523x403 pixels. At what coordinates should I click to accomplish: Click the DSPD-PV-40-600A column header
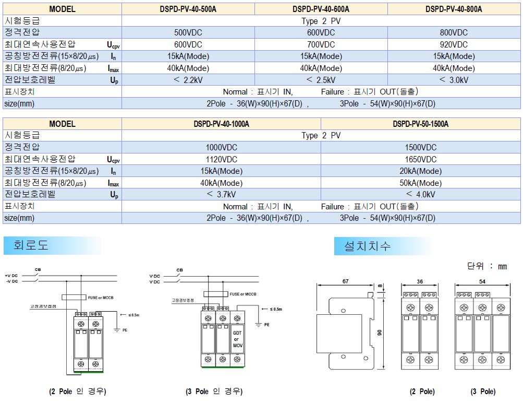click(321, 9)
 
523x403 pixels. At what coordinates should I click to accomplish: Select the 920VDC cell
click(454, 44)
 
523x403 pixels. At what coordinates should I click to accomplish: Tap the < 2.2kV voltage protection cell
click(188, 80)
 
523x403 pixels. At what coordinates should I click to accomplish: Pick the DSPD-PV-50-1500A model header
click(421, 124)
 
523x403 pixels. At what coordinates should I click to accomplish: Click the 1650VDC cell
click(421, 159)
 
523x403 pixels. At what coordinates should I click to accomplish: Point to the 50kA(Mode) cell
click(421, 183)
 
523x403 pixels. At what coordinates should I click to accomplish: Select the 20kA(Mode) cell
click(421, 171)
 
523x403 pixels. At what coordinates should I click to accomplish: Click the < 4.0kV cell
click(421, 194)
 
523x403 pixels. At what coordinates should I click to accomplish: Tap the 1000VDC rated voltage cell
click(222, 147)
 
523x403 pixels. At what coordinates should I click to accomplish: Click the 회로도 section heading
click(31, 245)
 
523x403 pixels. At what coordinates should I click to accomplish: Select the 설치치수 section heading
click(367, 246)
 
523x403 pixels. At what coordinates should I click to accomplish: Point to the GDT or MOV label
click(237, 339)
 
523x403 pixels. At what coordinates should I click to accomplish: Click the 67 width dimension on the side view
click(346, 281)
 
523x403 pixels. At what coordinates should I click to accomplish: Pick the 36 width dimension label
click(420, 281)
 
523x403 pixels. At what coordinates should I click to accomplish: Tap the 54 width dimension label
click(482, 281)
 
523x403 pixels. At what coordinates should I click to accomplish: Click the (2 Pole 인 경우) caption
click(78, 392)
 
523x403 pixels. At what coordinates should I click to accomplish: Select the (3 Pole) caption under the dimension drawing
click(483, 392)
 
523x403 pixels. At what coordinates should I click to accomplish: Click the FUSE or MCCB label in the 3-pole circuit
click(243, 294)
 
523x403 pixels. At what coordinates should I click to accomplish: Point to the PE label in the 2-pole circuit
click(125, 330)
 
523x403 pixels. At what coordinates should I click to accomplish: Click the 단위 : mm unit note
click(487, 266)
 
